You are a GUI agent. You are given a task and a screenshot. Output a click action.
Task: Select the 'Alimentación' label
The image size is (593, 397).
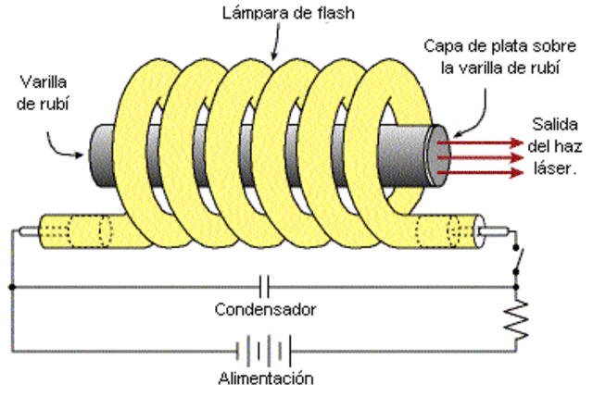pyautogui.click(x=264, y=378)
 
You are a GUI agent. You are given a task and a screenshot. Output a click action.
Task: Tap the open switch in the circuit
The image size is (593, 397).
pyautogui.click(x=517, y=260)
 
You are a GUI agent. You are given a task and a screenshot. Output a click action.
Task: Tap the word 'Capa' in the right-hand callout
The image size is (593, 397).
pyautogui.click(x=442, y=45)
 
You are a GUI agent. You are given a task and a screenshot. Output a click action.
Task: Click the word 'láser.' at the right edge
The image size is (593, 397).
pyautogui.click(x=557, y=168)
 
